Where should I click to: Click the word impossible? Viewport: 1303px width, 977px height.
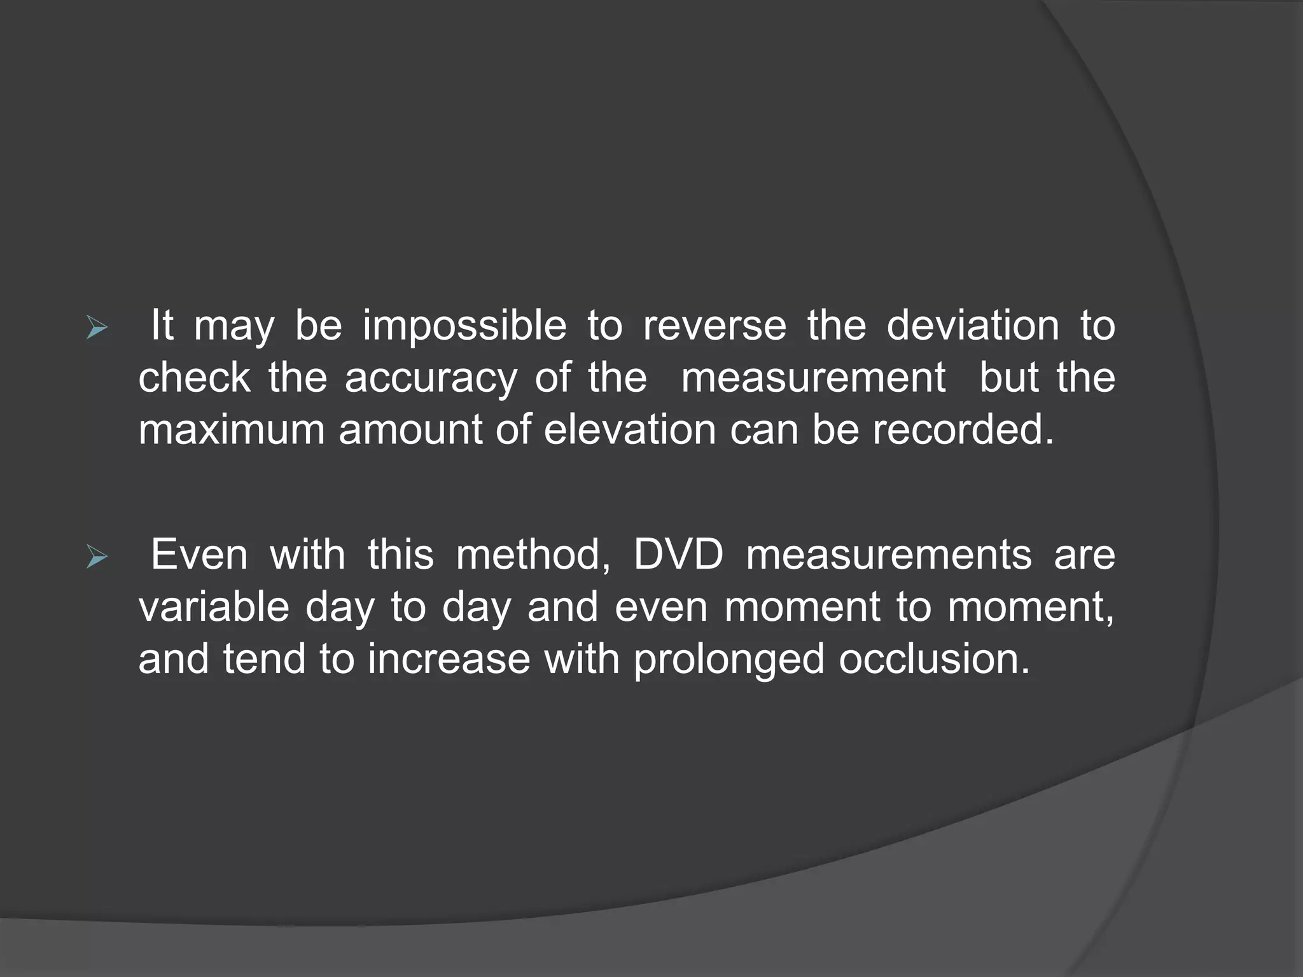(x=464, y=327)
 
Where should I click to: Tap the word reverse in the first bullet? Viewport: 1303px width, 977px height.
(x=714, y=327)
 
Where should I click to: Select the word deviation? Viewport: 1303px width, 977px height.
(x=973, y=327)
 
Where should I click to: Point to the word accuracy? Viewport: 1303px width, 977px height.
(x=431, y=378)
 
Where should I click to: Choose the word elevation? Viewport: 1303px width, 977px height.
(x=630, y=431)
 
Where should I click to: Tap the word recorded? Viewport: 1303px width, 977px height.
(x=963, y=431)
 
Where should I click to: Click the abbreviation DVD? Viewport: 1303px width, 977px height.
(x=678, y=555)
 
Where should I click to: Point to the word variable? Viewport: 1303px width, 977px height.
(x=214, y=607)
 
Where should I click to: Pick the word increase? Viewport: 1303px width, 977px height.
(x=449, y=659)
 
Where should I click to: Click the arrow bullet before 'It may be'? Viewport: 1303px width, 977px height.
(x=97, y=329)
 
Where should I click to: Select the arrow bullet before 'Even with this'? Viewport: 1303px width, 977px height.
(x=97, y=558)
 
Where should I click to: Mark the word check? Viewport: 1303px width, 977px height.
(x=195, y=378)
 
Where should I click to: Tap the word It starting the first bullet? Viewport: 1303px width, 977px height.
(x=162, y=326)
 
